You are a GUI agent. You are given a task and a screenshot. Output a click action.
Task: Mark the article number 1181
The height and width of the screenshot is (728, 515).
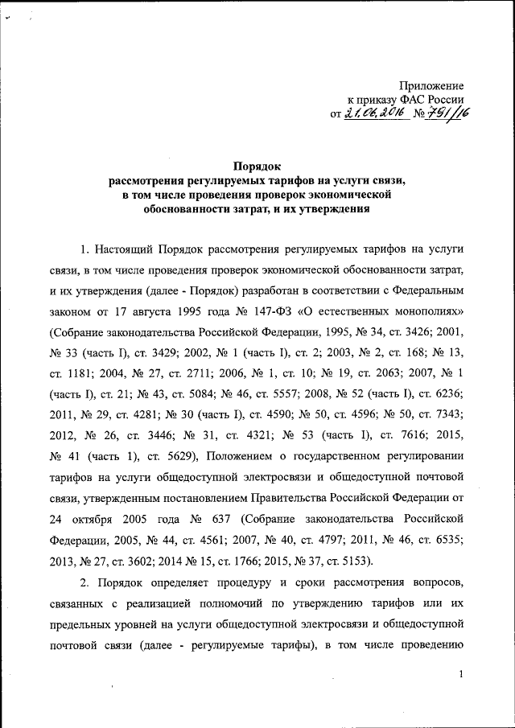(x=81, y=372)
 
